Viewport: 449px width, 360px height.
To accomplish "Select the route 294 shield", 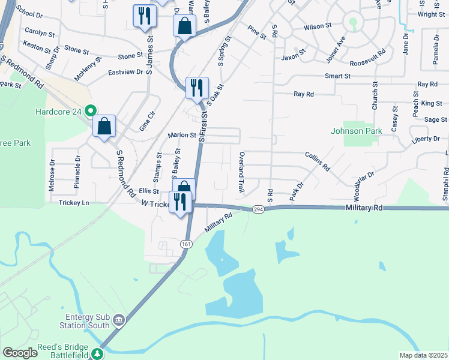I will [x=258, y=209].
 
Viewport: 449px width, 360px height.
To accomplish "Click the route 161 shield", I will [x=187, y=243].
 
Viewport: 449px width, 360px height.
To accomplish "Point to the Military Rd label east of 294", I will [x=364, y=207].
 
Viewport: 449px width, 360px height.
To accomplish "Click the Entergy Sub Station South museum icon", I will [x=119, y=319].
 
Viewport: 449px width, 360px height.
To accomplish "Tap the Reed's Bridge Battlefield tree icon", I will [x=97, y=354].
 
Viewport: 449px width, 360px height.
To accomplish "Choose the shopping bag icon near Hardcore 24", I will [x=104, y=126].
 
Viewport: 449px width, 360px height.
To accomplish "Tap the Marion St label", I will [x=182, y=135].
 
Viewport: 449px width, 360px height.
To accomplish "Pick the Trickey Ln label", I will [x=74, y=203].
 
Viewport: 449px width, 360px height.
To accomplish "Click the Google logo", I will [x=20, y=353].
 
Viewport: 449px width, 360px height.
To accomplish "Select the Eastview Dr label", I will [x=125, y=71].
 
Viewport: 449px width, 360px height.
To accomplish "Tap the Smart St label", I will [x=337, y=76].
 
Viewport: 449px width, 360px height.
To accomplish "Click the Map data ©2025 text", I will [x=423, y=355].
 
